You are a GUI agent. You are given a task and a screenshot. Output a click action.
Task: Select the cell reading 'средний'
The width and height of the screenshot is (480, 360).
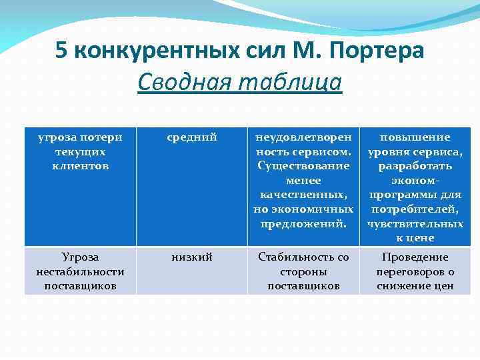point(192,137)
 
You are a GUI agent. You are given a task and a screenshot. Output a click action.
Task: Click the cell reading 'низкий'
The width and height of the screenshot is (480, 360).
point(192,257)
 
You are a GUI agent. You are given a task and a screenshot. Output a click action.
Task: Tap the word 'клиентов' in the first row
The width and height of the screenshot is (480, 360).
point(80,166)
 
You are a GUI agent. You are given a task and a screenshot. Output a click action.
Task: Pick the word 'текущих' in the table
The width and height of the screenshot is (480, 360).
point(80,152)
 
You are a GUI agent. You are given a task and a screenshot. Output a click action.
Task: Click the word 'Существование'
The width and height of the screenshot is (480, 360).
point(303,166)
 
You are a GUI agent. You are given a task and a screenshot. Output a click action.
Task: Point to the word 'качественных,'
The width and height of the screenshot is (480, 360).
point(303,195)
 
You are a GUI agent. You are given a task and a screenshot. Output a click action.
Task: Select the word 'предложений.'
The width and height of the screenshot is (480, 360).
point(303,223)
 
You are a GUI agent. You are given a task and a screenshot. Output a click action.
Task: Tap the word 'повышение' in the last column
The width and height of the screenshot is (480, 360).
point(415,137)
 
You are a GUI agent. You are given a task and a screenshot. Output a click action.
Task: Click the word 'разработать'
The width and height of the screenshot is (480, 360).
point(415,166)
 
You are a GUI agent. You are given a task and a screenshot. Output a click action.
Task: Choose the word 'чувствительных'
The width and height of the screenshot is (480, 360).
point(415,223)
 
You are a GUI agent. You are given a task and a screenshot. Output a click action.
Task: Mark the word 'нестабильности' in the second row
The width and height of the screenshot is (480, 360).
point(80,272)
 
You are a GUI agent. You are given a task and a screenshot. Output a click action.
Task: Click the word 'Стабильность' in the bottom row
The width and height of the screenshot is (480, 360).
point(303,257)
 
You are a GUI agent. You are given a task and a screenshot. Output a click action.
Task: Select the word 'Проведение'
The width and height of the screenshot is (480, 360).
point(415,257)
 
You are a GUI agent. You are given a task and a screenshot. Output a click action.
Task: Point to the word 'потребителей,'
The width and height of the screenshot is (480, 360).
point(415,209)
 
